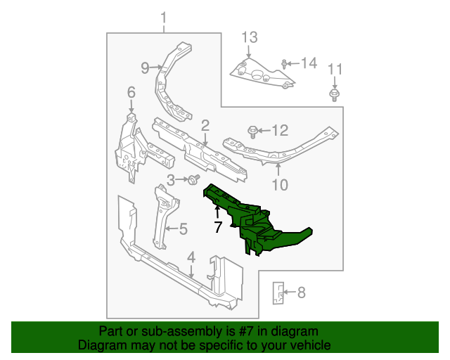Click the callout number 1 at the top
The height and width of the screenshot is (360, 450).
(165, 16)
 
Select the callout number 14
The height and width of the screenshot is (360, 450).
(309, 64)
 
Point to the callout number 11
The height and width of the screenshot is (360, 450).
(335, 69)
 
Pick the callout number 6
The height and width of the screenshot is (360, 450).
(131, 92)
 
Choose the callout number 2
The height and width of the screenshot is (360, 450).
(205, 126)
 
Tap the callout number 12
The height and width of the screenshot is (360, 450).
(280, 130)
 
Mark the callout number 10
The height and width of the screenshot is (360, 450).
(280, 186)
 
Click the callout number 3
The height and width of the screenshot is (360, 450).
(171, 181)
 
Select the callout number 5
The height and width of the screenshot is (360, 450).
(183, 229)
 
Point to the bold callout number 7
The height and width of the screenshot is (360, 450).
(218, 227)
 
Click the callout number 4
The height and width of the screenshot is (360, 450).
(191, 258)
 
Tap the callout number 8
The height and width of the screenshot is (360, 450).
(301, 293)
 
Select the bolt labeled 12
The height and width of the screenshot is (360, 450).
(252, 130)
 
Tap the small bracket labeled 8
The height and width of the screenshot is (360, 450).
(278, 293)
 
